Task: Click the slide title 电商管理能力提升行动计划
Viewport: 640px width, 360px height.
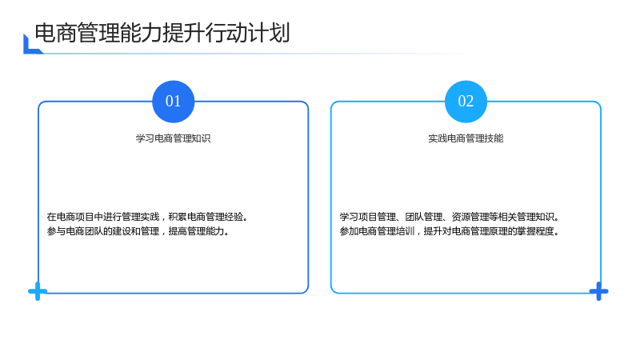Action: coord(162,33)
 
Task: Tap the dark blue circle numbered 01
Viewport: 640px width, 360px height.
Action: coord(173,102)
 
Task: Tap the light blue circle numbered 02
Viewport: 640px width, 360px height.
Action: coord(466,102)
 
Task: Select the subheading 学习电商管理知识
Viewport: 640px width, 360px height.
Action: coord(173,138)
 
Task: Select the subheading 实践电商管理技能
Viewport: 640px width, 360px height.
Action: coord(466,138)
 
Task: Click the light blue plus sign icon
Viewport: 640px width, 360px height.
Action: coord(38,291)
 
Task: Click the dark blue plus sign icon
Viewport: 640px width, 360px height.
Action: coord(598,291)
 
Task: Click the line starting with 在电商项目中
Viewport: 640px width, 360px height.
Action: coord(147,217)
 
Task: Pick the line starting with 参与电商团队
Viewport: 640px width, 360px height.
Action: coord(138,231)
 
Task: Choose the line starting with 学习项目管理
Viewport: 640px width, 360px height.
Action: coord(450,217)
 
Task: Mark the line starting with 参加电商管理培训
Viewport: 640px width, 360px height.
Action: coord(450,231)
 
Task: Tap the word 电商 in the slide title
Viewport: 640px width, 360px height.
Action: coord(56,33)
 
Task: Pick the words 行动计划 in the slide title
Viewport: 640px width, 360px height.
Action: coord(248,33)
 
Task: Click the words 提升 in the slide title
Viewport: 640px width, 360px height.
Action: coord(184,33)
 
